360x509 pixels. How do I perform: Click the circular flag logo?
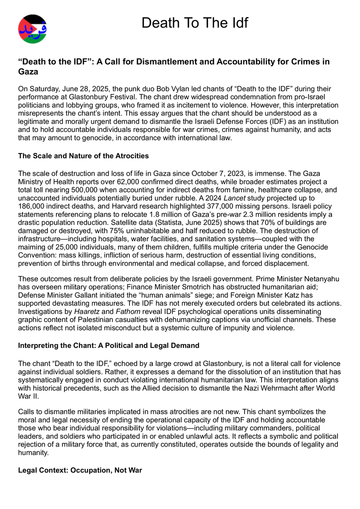click(x=33, y=29)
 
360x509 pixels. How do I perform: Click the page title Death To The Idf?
click(x=194, y=22)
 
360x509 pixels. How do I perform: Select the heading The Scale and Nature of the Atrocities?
click(x=83, y=156)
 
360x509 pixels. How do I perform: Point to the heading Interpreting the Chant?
click(x=108, y=345)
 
